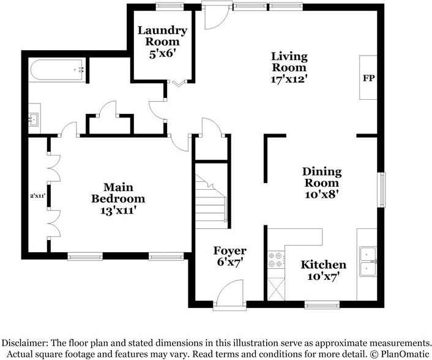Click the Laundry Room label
pyautogui.click(x=162, y=42)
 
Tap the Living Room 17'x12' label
pyautogui.click(x=289, y=67)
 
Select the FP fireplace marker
pyautogui.click(x=368, y=78)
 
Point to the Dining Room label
pyautogui.click(x=321, y=182)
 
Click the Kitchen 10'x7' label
pyautogui.click(x=323, y=270)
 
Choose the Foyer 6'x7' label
pyautogui.click(x=229, y=256)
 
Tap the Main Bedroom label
pyautogui.click(x=118, y=198)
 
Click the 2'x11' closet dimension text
pyautogui.click(x=38, y=196)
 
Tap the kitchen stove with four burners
pyautogui.click(x=275, y=260)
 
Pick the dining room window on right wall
pyautogui.click(x=382, y=190)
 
